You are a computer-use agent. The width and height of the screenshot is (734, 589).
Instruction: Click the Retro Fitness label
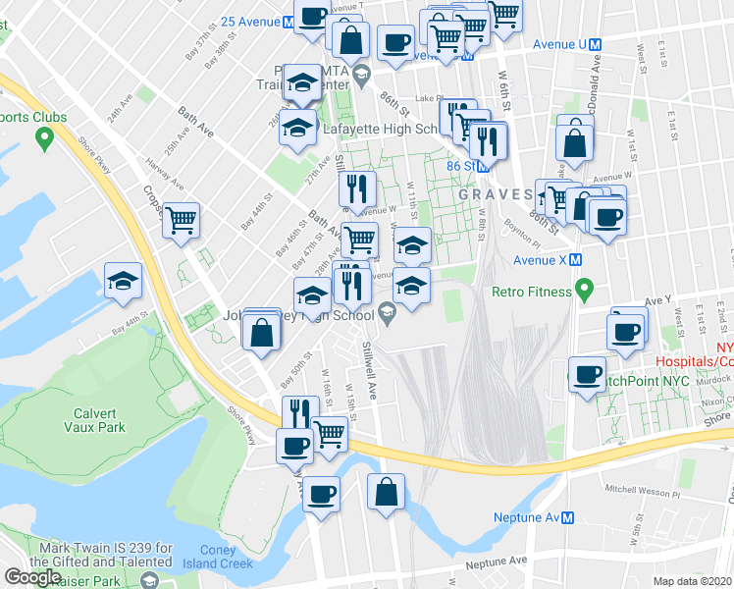click(532, 292)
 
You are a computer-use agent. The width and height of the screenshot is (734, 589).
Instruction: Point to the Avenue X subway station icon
click(576, 260)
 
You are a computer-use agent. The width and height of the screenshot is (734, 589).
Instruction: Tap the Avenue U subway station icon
click(596, 44)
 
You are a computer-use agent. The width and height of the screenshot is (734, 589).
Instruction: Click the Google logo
click(32, 577)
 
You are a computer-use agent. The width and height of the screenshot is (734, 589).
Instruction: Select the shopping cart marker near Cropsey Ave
click(181, 222)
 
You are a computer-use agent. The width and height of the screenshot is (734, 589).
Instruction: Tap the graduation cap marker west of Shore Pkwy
click(123, 281)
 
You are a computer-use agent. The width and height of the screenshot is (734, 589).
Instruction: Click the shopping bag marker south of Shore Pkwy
click(387, 492)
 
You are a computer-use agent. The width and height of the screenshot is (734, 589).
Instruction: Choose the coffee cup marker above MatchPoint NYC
click(587, 375)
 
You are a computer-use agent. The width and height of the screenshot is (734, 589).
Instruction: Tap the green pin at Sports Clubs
click(43, 139)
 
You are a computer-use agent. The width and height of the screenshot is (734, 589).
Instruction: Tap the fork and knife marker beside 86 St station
click(487, 141)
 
